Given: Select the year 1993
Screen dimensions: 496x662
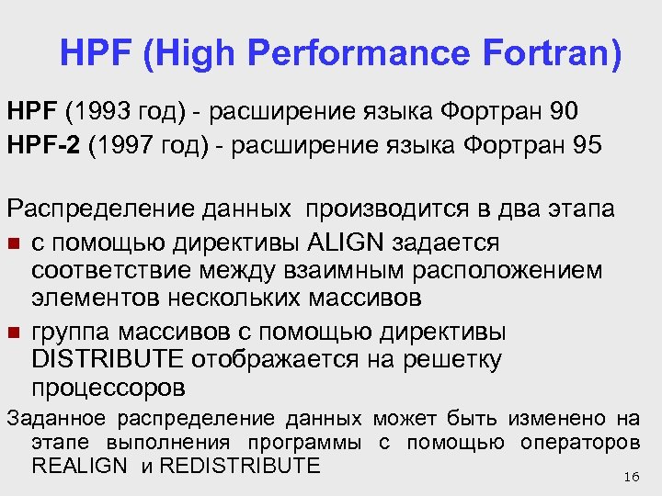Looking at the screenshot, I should (99, 112).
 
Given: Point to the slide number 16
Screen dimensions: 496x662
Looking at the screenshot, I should (630, 477).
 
